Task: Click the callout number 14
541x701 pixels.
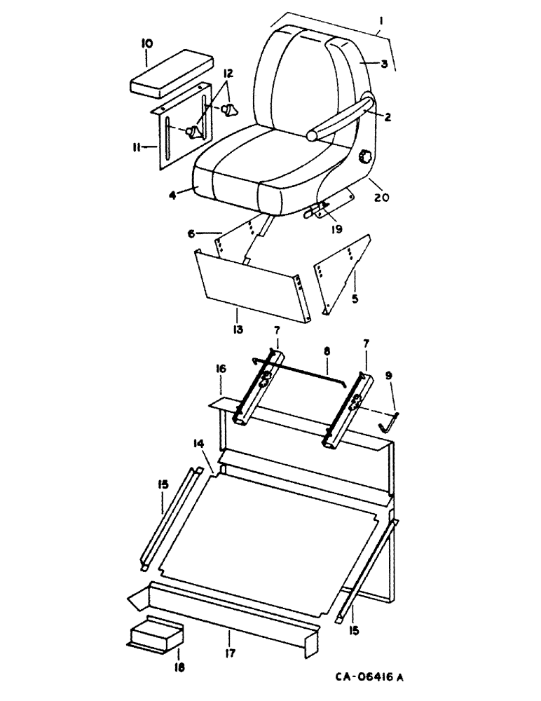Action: [x=199, y=445]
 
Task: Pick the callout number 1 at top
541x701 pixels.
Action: [x=379, y=22]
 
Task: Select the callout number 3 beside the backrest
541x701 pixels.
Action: [x=385, y=64]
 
